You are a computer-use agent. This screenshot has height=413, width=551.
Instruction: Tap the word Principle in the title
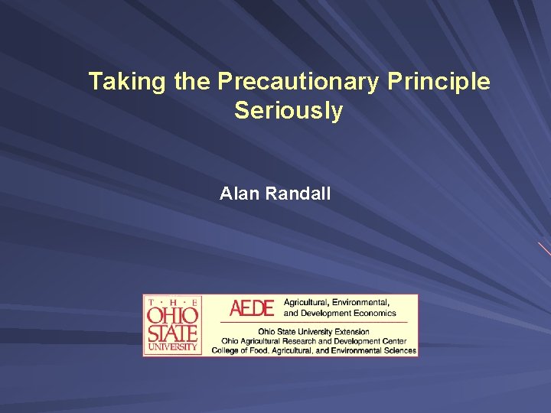[439, 82]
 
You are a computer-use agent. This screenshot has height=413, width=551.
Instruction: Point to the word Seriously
[289, 111]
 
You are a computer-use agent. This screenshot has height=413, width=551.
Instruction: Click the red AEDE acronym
[252, 308]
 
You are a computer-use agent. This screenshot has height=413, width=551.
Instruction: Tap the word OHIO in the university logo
[172, 315]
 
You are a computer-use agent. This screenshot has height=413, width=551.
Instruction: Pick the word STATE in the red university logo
[172, 333]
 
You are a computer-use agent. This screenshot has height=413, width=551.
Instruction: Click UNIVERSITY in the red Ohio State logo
[172, 346]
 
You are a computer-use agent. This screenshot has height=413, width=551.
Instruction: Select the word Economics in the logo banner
[370, 313]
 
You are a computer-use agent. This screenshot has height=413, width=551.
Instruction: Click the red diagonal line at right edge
[544, 249]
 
